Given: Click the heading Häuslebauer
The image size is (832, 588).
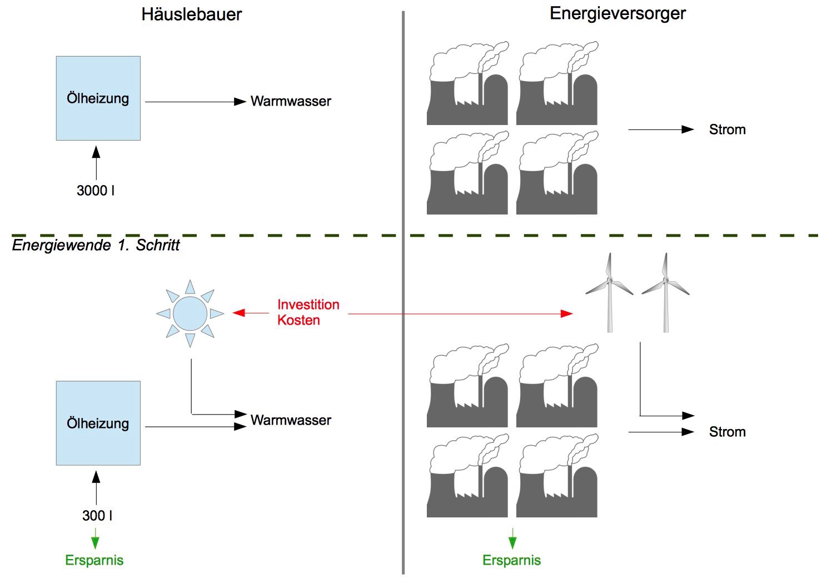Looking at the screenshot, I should [x=192, y=14].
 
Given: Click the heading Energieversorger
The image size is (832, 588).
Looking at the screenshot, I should [x=617, y=14].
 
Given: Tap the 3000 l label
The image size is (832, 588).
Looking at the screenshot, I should [x=96, y=191].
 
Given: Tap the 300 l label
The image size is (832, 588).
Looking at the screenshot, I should [x=97, y=516].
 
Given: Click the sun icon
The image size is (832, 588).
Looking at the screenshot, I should [x=190, y=313].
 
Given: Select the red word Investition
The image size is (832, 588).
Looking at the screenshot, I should [x=308, y=305].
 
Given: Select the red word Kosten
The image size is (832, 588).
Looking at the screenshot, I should [x=299, y=321].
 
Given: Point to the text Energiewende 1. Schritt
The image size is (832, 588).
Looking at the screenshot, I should [x=96, y=246].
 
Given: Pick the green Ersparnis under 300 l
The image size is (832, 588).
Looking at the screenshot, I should [x=94, y=560].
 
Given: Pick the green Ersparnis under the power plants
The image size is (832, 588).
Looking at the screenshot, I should [x=511, y=560].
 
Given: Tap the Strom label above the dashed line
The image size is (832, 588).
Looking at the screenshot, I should [x=727, y=130].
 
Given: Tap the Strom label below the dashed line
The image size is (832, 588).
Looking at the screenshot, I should [x=727, y=432].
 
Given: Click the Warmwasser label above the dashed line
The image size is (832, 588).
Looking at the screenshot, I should [x=291, y=102].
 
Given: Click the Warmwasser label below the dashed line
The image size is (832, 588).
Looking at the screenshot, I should [x=291, y=421].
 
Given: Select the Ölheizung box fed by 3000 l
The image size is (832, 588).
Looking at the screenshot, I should [x=98, y=98].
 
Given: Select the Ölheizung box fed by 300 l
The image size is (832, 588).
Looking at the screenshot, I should [x=98, y=423].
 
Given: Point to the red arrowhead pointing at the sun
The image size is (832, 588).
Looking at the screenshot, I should [x=239, y=313].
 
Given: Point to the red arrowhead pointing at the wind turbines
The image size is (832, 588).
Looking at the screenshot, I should [x=566, y=314].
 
